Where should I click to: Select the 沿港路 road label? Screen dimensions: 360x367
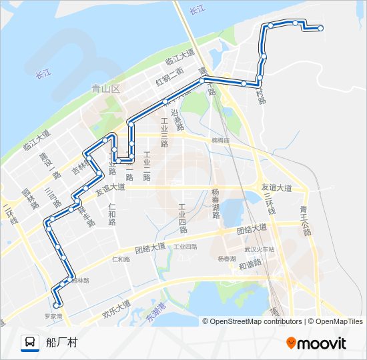177,119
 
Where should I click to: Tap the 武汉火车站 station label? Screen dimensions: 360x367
259,249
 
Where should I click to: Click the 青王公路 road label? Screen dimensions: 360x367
305,221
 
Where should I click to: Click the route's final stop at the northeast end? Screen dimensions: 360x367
320,28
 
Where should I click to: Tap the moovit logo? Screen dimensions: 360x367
316,343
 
